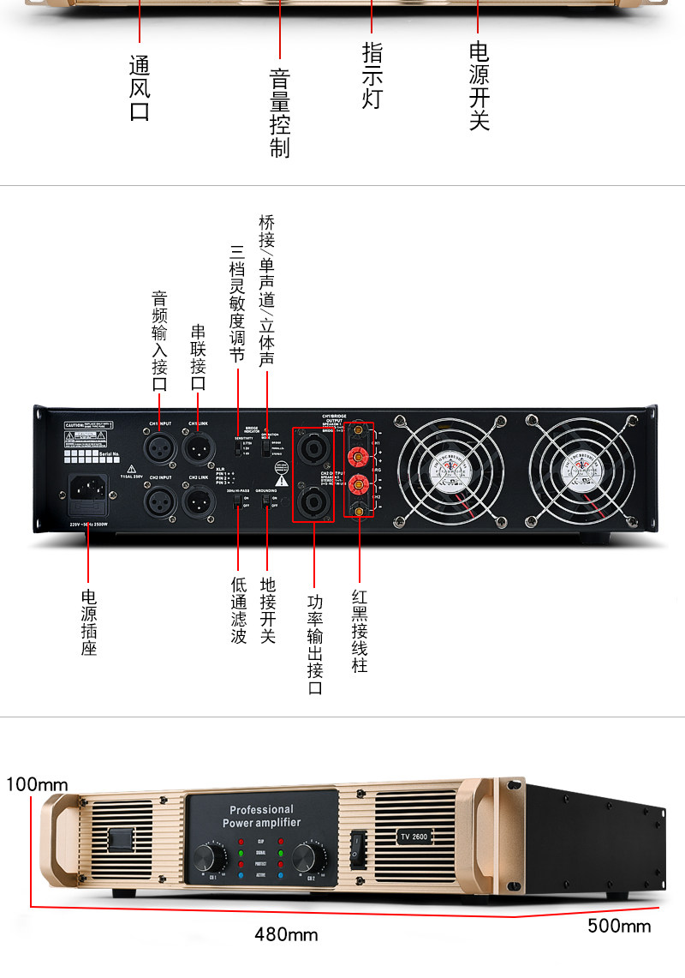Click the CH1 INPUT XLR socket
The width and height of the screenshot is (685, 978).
160,447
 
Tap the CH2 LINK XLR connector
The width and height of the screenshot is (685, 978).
199,500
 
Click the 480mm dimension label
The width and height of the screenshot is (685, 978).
286,934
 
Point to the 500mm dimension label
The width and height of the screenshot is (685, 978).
618,926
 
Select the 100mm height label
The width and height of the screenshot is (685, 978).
38,784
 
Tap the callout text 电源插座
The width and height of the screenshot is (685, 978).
89,621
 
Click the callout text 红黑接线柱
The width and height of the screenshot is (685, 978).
360,630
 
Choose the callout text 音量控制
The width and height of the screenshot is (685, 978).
280,114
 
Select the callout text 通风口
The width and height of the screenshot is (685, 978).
140,88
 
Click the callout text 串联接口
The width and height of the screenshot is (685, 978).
198,357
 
